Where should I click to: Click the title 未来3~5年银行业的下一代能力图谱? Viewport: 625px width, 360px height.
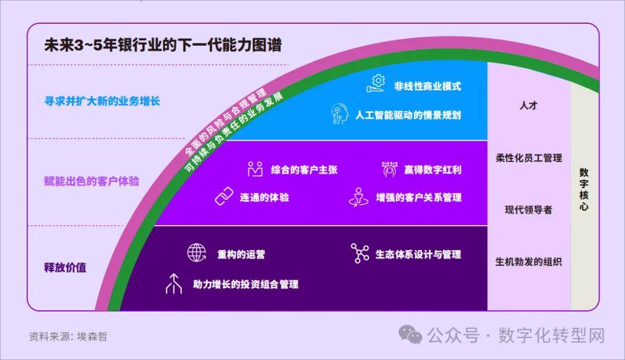tap(163, 45)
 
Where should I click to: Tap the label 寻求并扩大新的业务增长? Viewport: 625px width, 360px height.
tap(102, 101)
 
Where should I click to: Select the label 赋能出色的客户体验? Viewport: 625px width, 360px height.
tap(91, 181)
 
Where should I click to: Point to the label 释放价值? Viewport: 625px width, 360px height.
tap(65, 267)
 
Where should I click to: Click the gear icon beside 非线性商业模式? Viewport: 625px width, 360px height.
tap(376, 84)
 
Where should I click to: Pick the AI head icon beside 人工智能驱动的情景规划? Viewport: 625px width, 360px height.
tap(340, 114)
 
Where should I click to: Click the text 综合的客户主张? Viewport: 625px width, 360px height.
tap(304, 170)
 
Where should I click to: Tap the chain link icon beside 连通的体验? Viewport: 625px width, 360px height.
tap(224, 196)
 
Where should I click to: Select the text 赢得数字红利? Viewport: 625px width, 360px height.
tap(432, 170)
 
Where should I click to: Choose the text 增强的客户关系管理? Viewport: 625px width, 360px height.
tap(418, 197)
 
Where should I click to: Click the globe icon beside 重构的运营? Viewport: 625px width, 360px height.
tap(197, 253)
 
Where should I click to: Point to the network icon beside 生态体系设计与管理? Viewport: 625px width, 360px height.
tap(359, 253)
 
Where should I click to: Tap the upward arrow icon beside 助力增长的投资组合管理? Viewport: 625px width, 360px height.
tap(174, 284)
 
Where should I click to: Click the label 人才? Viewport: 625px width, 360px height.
tap(528, 105)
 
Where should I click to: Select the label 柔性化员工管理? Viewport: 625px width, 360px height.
tap(528, 158)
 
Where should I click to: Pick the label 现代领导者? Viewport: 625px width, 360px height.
tap(528, 210)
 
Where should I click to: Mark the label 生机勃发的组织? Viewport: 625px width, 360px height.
tap(528, 262)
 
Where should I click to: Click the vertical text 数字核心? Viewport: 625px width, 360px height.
tap(584, 189)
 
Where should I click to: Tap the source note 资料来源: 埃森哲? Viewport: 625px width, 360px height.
tap(68, 336)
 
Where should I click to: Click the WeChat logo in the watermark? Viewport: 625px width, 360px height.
tap(410, 335)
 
